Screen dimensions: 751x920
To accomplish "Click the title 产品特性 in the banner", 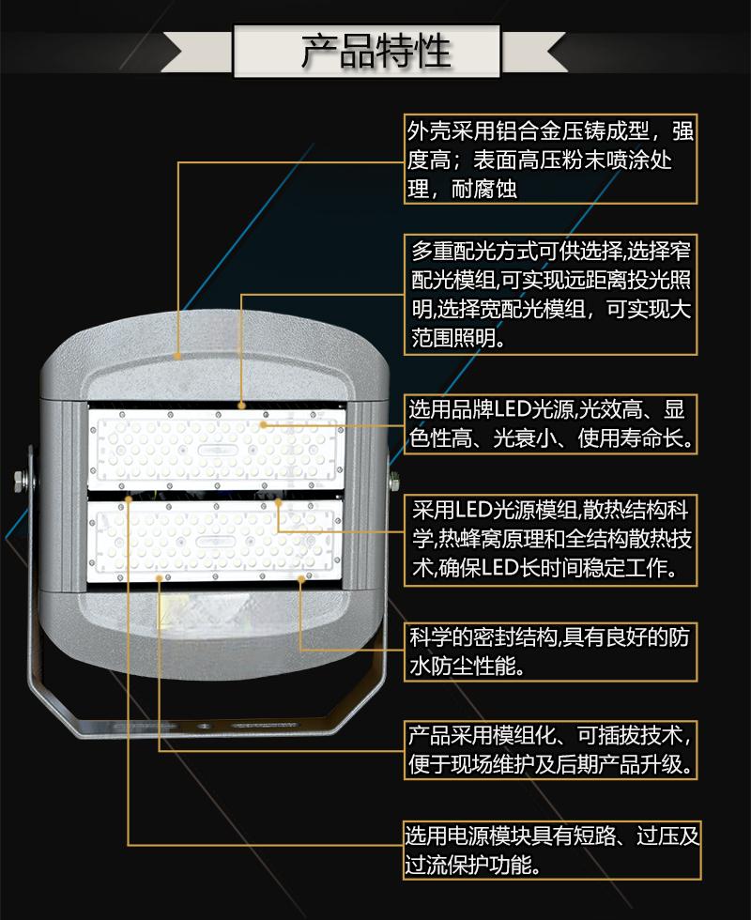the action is coord(376,51).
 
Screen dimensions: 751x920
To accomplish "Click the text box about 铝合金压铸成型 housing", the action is coord(550,159).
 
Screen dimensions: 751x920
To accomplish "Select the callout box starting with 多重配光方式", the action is coord(550,294).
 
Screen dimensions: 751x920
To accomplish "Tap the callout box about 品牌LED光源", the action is coord(550,423).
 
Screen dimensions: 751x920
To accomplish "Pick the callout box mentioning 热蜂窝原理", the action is coord(550,540).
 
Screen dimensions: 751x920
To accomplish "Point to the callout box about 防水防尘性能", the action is coord(550,652).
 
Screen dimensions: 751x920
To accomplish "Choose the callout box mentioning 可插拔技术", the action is coord(550,750).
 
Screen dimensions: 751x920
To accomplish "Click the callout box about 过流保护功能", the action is coord(552,851).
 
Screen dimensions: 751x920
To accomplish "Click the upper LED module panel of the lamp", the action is coord(216,450).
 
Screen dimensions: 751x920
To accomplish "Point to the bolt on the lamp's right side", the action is coord(395,481).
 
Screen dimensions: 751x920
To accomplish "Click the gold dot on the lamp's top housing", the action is coord(177,356).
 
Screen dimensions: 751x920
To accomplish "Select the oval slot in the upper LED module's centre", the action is coord(217,450).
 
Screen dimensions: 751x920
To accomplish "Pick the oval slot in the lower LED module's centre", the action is coord(215,541).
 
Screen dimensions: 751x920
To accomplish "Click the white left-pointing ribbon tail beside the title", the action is coord(197,52).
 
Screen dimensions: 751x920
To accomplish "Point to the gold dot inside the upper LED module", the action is coord(264,424).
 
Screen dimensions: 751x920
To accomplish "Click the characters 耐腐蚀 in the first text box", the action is coord(484,189).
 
